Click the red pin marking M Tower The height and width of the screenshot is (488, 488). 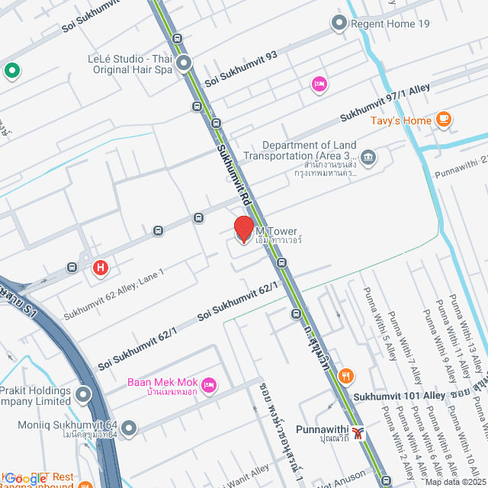tap(243, 229)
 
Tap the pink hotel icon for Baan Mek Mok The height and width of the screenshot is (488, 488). tap(210, 383)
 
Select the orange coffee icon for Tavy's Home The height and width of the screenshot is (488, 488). tap(444, 120)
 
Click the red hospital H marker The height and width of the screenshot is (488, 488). tap(100, 268)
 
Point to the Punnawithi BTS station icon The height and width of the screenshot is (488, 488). tap(358, 432)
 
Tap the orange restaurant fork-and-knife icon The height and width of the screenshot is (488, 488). tap(346, 375)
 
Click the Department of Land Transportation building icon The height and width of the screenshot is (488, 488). tap(368, 158)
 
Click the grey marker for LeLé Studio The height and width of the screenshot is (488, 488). tap(184, 63)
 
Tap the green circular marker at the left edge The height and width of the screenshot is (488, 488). tap(11, 71)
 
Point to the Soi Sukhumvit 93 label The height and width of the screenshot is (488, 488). tap(240, 66)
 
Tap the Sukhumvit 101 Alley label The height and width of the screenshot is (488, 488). tap(399, 396)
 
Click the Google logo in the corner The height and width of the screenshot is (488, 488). tap(26, 478)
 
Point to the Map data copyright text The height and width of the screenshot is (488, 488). tap(454, 482)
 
